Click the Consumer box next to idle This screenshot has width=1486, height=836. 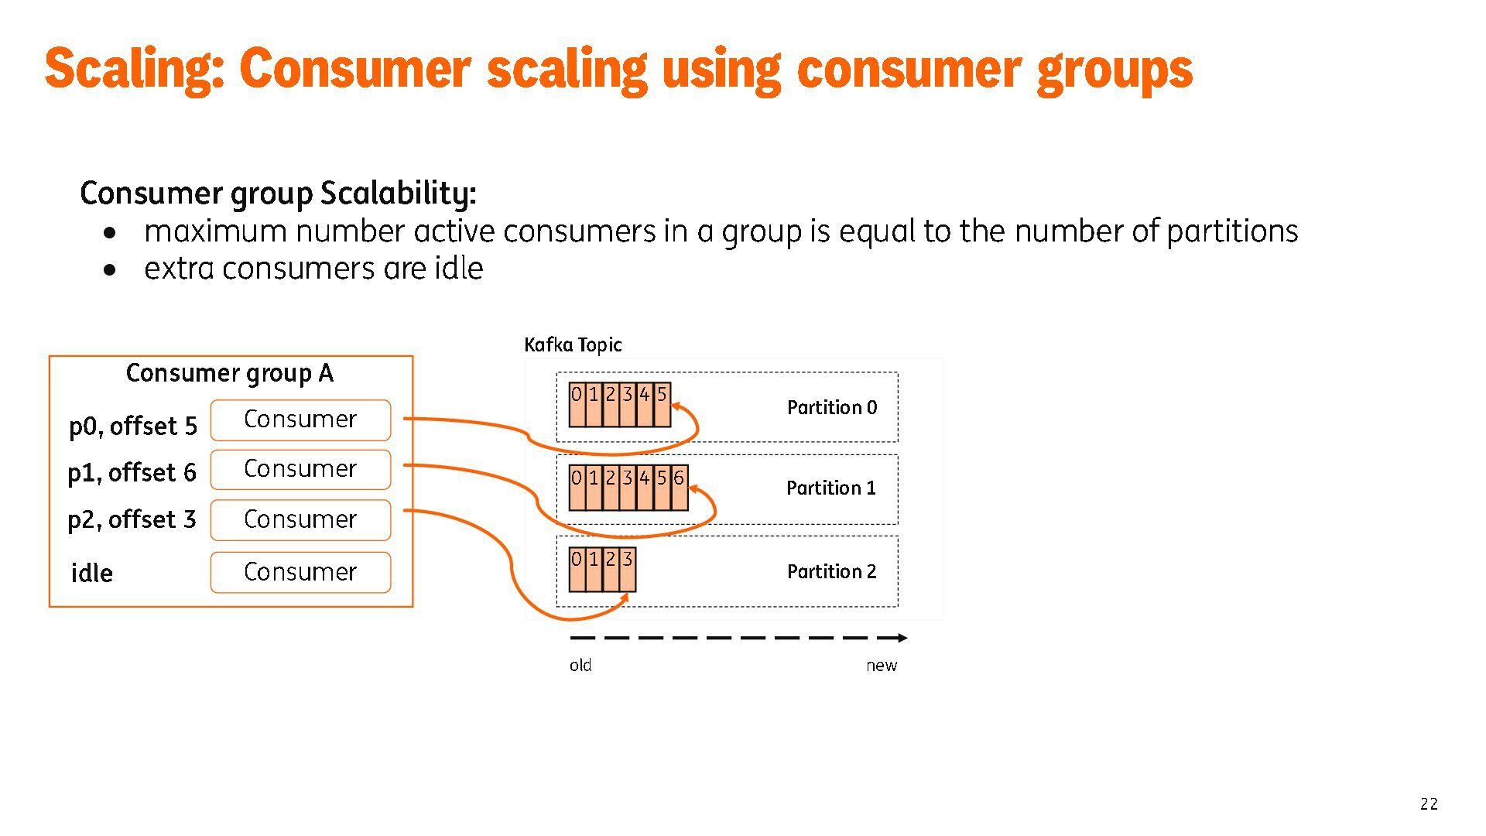[300, 572]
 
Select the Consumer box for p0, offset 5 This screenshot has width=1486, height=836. [300, 420]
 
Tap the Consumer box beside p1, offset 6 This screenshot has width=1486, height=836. [300, 469]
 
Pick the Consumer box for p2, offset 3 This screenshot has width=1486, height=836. [300, 519]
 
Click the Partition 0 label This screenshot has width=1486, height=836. [832, 407]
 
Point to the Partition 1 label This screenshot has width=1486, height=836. [831, 488]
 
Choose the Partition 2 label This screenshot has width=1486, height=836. [832, 571]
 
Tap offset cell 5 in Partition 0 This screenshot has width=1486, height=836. [662, 404]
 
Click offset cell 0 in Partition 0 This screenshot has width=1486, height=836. [577, 404]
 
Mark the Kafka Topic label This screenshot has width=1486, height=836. [573, 344]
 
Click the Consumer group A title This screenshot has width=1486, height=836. [230, 373]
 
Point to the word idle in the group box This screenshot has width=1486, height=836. [91, 573]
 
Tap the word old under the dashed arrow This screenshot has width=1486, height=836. [580, 665]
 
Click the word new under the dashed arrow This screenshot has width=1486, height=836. [882, 665]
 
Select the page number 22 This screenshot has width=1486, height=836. [1429, 803]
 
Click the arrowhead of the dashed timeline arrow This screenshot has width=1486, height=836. [902, 638]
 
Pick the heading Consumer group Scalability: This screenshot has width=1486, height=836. [278, 193]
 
